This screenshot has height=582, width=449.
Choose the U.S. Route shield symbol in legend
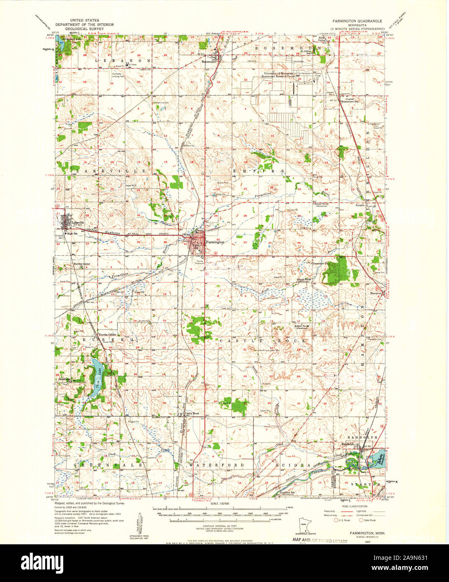(x=335, y=520)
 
